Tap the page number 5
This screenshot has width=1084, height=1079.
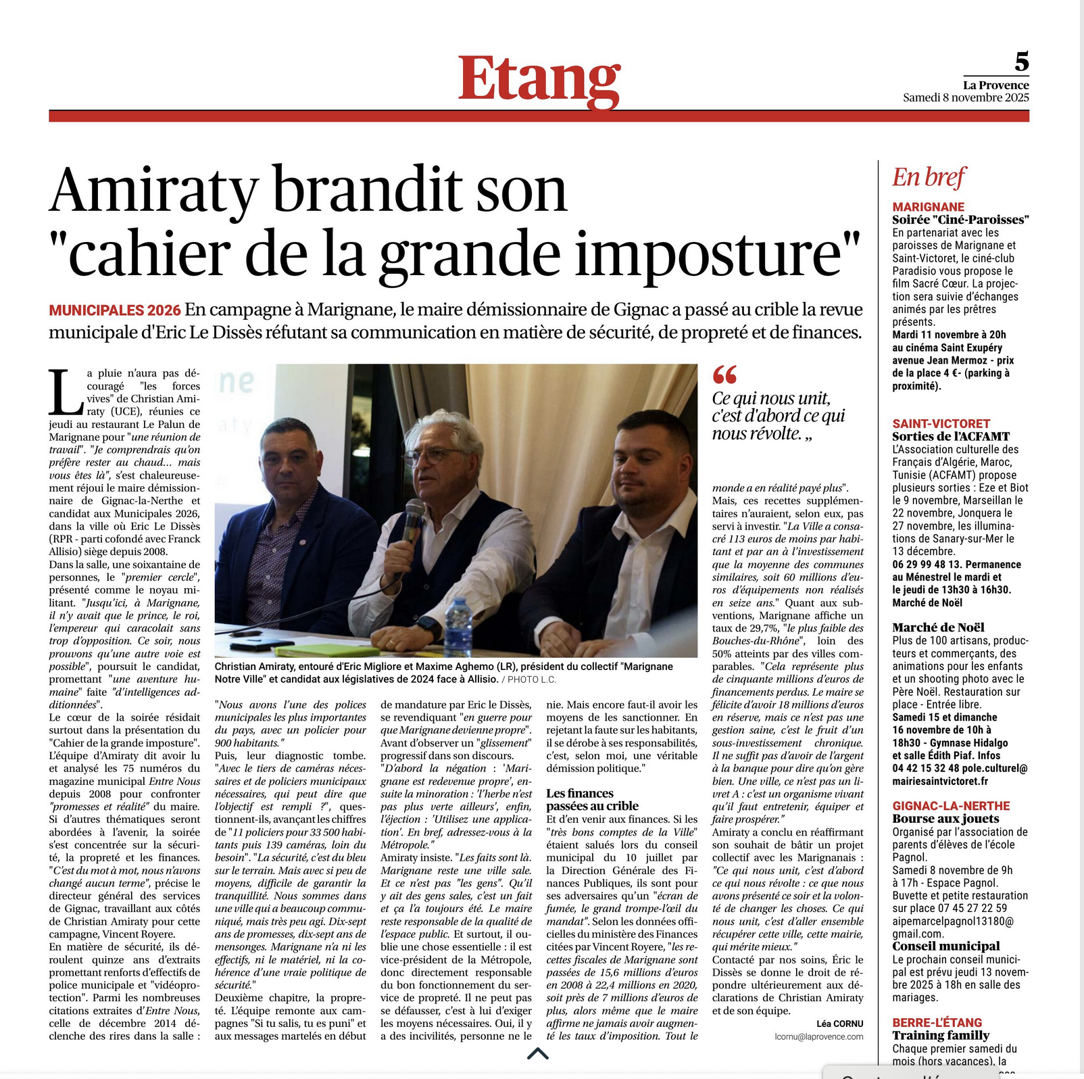pos(1021,62)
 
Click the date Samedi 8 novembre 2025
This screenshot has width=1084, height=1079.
pos(966,97)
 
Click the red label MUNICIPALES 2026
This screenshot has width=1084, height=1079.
pos(115,310)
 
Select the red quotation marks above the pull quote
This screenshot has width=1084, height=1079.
pos(724,374)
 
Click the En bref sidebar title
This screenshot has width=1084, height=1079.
pos(929,177)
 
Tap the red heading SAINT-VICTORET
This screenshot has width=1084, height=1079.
pos(941,424)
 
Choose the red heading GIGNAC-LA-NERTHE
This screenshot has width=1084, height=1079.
pos(951,806)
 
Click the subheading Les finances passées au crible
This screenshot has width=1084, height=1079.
pos(592,800)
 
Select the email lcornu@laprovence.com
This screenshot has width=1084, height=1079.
pos(818,1036)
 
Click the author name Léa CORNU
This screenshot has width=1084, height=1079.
pos(839,1024)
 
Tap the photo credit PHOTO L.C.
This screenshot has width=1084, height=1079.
pos(532,679)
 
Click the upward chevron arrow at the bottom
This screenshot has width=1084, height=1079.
pos(537,1053)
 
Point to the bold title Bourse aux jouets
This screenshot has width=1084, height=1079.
pos(945,819)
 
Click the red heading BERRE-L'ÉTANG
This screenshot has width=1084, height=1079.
pos(937,1023)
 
